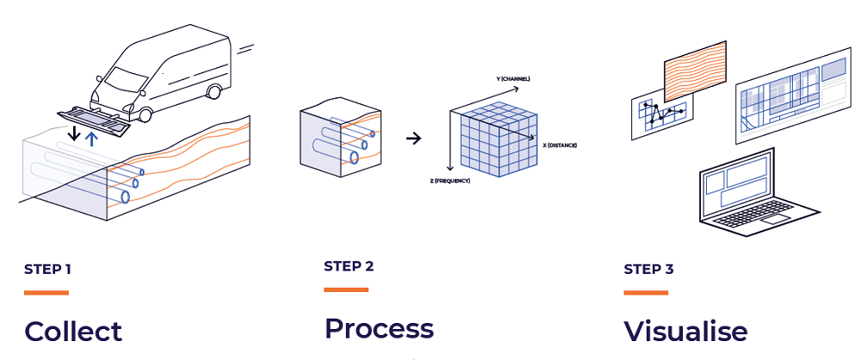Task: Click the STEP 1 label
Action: tap(47, 270)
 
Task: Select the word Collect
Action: tap(73, 332)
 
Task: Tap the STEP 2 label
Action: tap(349, 266)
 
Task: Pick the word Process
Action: tap(379, 329)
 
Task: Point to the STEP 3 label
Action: tap(648, 270)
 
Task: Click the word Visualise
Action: tap(685, 332)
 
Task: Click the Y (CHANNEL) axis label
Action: tap(513, 79)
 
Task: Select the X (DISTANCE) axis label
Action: tap(560, 146)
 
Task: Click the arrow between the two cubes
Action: tap(413, 138)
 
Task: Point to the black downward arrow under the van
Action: tap(76, 133)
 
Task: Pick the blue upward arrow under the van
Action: tap(93, 135)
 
